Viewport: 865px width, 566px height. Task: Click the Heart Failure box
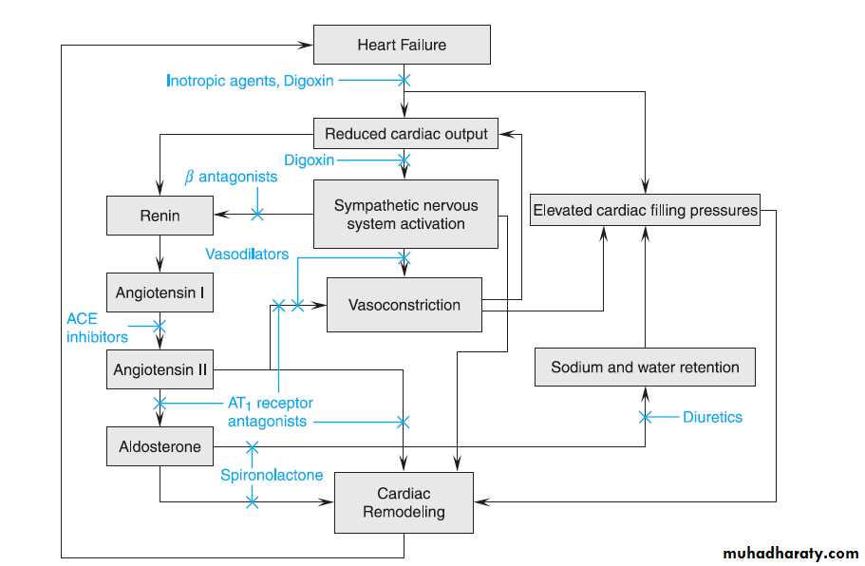pyautogui.click(x=402, y=45)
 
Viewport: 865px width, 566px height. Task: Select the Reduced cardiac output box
pyautogui.click(x=406, y=134)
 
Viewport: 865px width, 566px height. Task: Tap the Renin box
pyautogui.click(x=160, y=216)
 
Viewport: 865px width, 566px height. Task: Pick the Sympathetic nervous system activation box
pyautogui.click(x=406, y=215)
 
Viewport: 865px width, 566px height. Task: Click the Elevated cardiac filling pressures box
pyautogui.click(x=646, y=210)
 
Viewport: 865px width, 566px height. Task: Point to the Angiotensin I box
pyautogui.click(x=160, y=292)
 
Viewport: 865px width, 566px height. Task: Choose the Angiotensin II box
pyautogui.click(x=160, y=369)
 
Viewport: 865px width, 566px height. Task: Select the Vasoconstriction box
pyautogui.click(x=404, y=305)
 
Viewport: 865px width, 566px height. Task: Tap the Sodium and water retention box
pyautogui.click(x=645, y=367)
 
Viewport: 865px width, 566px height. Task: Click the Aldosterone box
pyautogui.click(x=160, y=446)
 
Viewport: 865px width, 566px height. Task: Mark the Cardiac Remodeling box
pyautogui.click(x=404, y=502)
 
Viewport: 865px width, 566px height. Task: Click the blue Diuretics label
pyautogui.click(x=712, y=417)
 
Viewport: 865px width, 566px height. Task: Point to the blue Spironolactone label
pyautogui.click(x=272, y=475)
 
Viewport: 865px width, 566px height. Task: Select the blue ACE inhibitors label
pyautogui.click(x=97, y=327)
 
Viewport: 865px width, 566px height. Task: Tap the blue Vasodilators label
pyautogui.click(x=247, y=254)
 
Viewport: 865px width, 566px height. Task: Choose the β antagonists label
pyautogui.click(x=231, y=177)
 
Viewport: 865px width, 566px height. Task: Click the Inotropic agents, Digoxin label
pyautogui.click(x=250, y=81)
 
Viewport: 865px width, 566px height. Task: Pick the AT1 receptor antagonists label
pyautogui.click(x=270, y=411)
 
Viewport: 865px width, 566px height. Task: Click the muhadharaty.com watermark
pyautogui.click(x=790, y=553)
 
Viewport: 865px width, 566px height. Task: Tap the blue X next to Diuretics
pyautogui.click(x=646, y=417)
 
